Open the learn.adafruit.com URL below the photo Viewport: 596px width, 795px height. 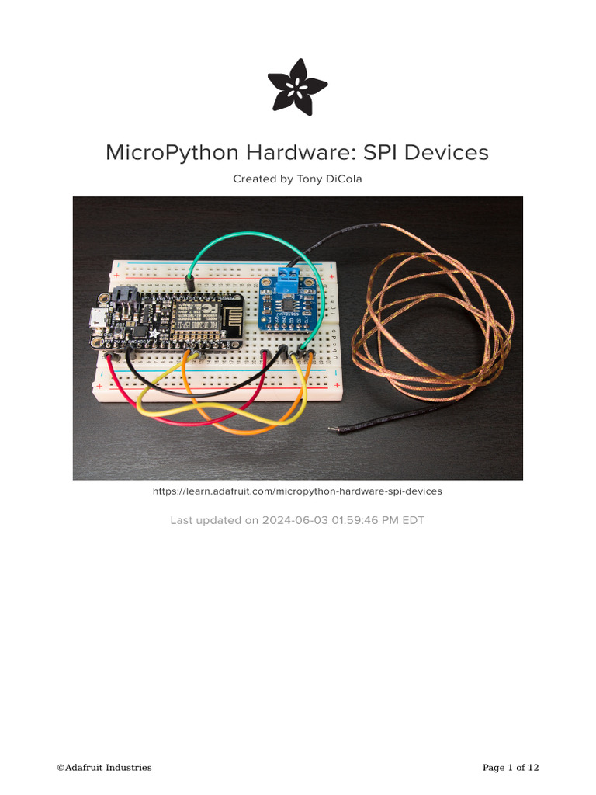(x=297, y=491)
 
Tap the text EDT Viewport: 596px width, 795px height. (x=412, y=520)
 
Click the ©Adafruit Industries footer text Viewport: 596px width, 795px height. (x=104, y=768)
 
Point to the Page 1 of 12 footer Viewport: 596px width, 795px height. (x=511, y=768)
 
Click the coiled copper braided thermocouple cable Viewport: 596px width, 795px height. (x=435, y=326)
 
